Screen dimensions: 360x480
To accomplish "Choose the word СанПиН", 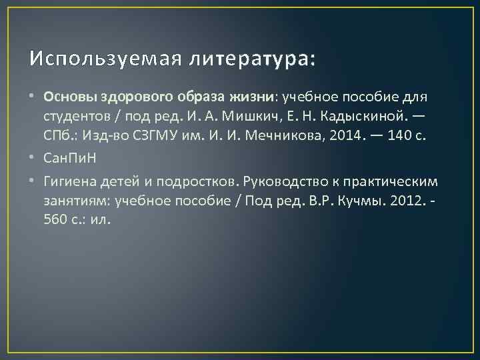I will (x=69, y=161).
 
